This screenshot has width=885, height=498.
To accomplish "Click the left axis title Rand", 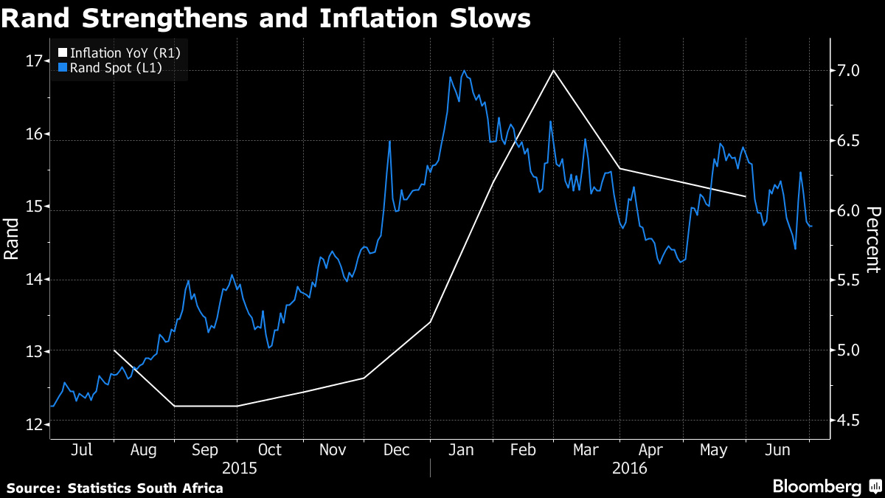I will pos(13,238).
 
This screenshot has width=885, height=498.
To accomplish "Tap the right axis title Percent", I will pos(872,238).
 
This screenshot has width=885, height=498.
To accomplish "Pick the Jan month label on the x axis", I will pos(461,451).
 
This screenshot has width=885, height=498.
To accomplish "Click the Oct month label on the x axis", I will pos(270,451).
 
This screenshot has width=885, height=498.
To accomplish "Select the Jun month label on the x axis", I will pos(780,451).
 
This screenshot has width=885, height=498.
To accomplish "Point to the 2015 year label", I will pos(240,468).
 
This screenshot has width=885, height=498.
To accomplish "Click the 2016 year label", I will pos(628,468).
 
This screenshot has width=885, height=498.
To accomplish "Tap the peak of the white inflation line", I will pos(553,71).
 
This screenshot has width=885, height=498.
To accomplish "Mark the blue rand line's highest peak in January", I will pos(464,72).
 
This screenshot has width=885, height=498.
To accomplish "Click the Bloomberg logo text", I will pos(816,487).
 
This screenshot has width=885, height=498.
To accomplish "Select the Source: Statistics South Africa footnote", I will pos(115,488).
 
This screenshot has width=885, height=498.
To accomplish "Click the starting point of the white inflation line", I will pos(114,350).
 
